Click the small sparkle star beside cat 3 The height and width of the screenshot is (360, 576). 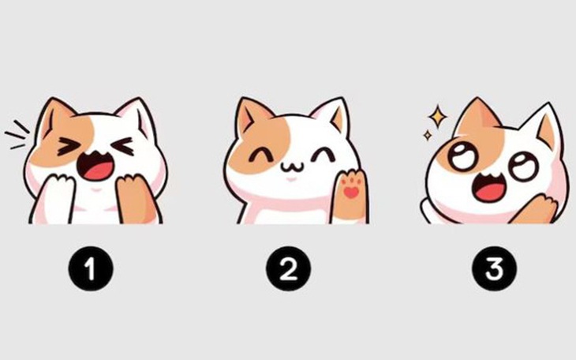click(x=427, y=136)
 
